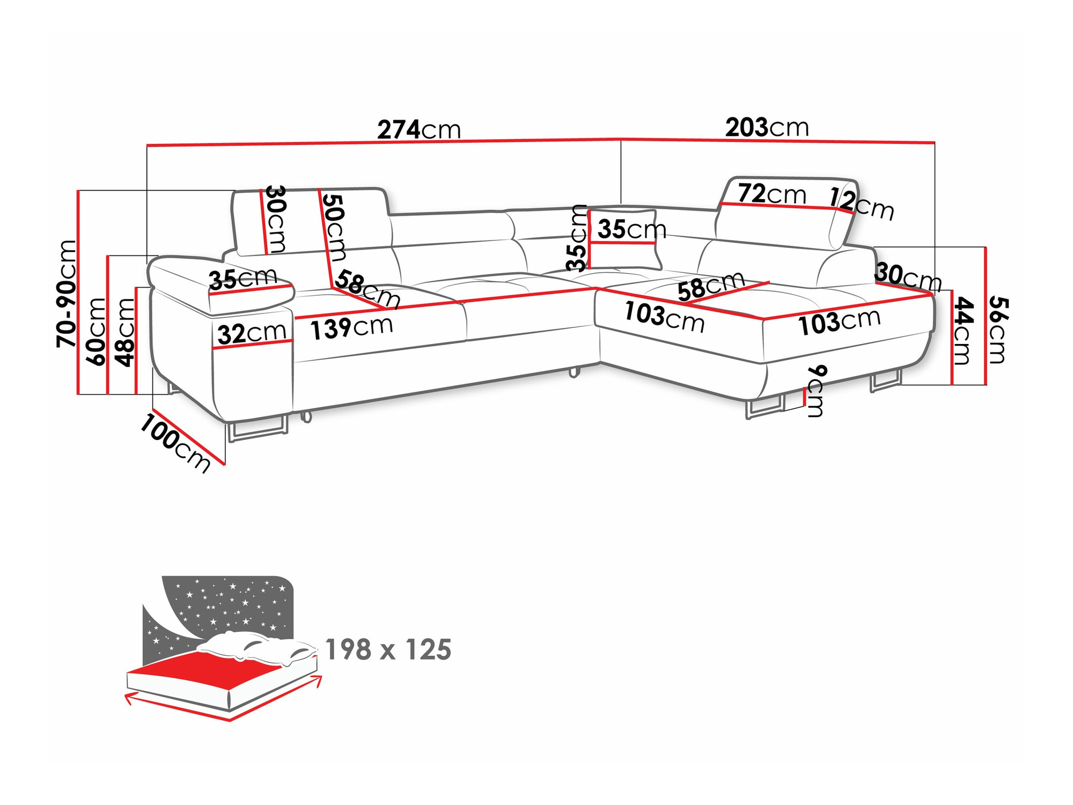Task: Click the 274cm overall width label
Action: click(x=419, y=130)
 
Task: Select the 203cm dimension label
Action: click(x=767, y=128)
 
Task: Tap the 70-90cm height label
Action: click(x=68, y=293)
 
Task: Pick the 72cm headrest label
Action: click(x=771, y=194)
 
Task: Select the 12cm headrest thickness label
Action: click(x=862, y=203)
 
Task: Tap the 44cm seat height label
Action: click(x=962, y=330)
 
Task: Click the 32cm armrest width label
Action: click(x=251, y=333)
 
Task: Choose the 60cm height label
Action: click(x=97, y=332)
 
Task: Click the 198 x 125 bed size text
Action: click(x=388, y=650)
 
